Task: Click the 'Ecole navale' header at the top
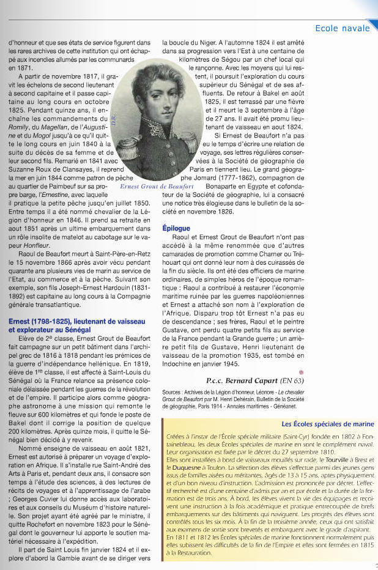pyautogui.click(x=343, y=28)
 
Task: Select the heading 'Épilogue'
pyautogui.click(x=176, y=228)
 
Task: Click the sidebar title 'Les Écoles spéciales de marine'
pyautogui.click(x=328, y=424)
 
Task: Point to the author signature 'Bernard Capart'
pyautogui.click(x=266, y=380)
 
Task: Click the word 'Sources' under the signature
pyautogui.click(x=173, y=392)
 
